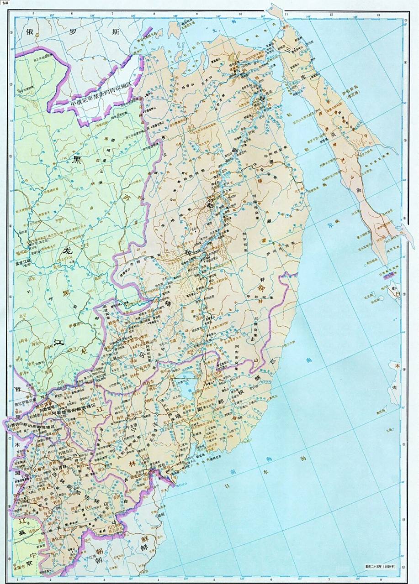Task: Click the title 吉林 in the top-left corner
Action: coord(5,3)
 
